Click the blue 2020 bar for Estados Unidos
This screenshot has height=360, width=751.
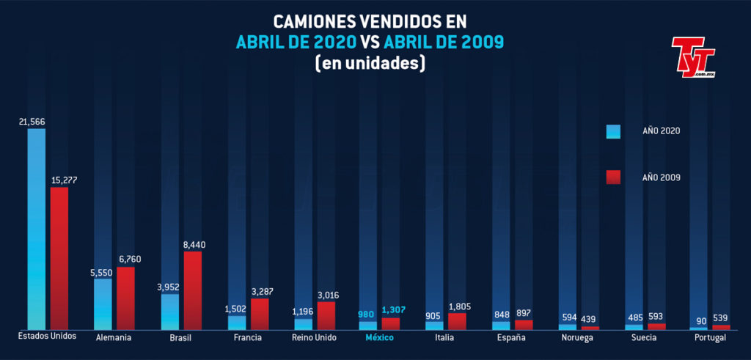coord(37,229)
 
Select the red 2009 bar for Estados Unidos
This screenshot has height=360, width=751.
coord(59,258)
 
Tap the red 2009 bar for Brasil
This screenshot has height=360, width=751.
coord(192,290)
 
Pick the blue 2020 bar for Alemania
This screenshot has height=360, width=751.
coord(103,304)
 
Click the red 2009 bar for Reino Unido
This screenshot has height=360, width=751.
coord(326,315)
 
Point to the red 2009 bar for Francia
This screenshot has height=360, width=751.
coord(260,314)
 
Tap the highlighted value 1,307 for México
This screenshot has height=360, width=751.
coord(393,310)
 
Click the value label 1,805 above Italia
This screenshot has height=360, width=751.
coord(459,306)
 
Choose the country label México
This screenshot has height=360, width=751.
coord(380,337)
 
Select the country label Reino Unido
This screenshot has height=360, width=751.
coord(314,337)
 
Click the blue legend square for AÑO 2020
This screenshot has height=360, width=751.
coord(613,131)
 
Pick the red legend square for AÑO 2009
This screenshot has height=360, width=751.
coord(613,177)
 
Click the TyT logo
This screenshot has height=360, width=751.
coord(693,57)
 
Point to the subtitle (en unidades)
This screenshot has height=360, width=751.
coord(370,63)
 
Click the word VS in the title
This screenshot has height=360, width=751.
coord(371,42)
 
